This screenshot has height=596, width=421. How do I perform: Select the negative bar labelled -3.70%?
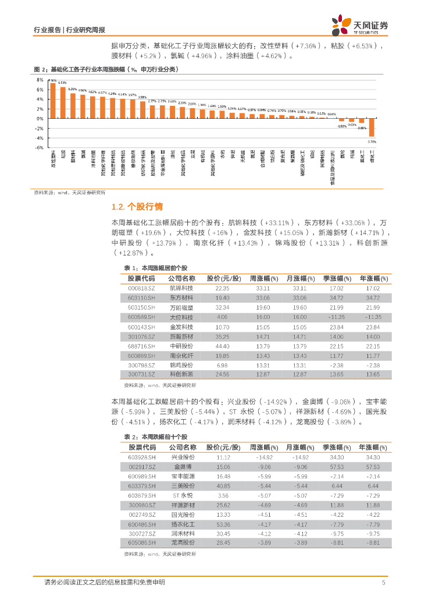(x=372, y=127)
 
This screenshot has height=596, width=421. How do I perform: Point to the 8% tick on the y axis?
(x=41, y=80)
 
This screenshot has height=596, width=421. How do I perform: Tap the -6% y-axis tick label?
(x=40, y=148)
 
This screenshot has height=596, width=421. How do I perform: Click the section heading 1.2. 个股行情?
(x=137, y=207)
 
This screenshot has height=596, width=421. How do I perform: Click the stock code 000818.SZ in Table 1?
(x=141, y=288)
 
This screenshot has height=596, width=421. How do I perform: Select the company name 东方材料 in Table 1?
(x=181, y=297)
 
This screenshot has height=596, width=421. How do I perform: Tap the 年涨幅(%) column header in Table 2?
(x=373, y=448)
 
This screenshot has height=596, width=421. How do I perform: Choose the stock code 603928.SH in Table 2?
(x=142, y=457)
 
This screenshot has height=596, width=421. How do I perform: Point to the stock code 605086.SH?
(x=142, y=542)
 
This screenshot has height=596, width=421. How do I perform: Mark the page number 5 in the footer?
(x=384, y=583)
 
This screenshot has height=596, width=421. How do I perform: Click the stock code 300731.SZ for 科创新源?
(x=142, y=374)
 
